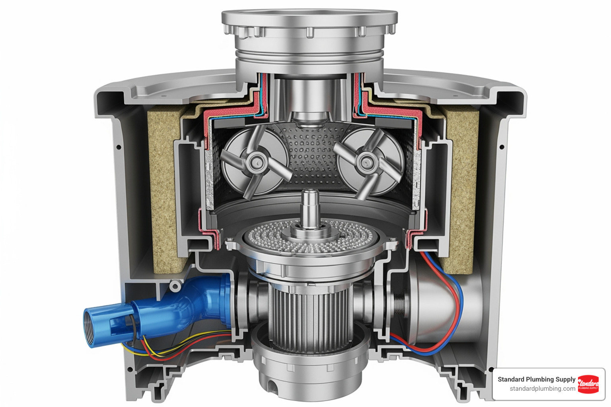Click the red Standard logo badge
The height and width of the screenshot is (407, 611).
pyautogui.click(x=588, y=384)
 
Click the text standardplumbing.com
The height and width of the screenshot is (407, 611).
pyautogui.click(x=542, y=389)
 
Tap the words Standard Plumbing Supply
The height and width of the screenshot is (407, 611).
pyautogui.click(x=536, y=379)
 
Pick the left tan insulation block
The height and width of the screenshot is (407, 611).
pyautogui.click(x=162, y=191)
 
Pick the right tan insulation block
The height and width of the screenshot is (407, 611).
pyautogui.click(x=461, y=191)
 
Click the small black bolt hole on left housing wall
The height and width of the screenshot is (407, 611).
pyautogui.click(x=119, y=147)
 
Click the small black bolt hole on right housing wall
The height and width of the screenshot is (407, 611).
pyautogui.click(x=502, y=147)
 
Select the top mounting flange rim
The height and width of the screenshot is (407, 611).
pyautogui.click(x=309, y=18)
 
